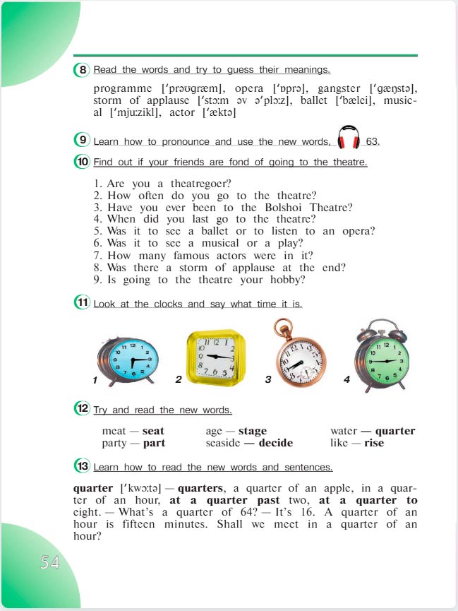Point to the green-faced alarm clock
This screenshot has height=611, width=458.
(381, 357)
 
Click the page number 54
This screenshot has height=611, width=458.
(49, 563)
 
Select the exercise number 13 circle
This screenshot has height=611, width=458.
(82, 466)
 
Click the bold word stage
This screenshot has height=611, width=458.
(253, 431)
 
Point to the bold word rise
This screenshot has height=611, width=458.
(374, 443)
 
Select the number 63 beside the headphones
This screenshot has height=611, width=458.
(372, 141)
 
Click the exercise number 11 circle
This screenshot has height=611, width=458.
(82, 303)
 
